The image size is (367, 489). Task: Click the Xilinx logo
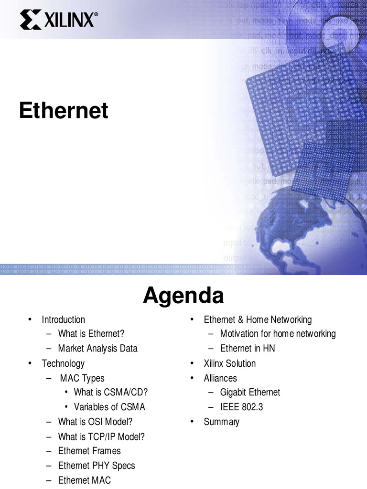coord(59,21)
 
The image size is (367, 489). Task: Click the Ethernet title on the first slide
coord(64,111)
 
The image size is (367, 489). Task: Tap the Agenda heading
coord(183,296)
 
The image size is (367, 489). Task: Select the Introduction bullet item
coord(63,319)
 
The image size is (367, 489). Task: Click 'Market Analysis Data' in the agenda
coord(97,349)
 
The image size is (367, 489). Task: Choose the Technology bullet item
coord(63,363)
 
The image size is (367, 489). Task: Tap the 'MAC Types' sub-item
coord(82,378)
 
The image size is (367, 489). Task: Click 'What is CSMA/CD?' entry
coord(111,393)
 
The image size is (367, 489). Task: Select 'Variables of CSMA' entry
coord(109,407)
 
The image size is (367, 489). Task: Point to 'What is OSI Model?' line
coord(95,422)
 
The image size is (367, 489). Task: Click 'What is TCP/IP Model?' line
coord(101,436)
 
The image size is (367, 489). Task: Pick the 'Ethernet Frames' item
coord(89,451)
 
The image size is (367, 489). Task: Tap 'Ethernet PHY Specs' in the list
coord(97,466)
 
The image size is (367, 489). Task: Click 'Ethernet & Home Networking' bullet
coord(258,319)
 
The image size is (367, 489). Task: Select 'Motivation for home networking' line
coord(278,334)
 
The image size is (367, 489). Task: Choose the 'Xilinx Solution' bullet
coord(229,363)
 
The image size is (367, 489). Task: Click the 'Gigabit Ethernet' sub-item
coord(250,393)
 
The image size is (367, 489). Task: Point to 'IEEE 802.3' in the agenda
coord(241,407)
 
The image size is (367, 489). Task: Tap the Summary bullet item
coord(221,422)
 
